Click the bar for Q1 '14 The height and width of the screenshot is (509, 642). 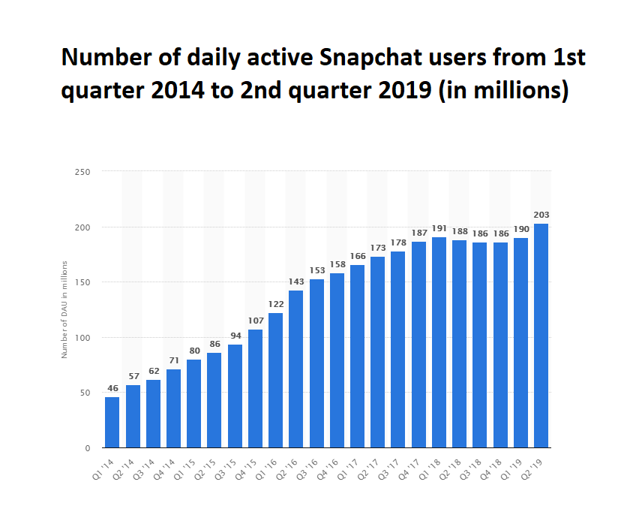[112, 422]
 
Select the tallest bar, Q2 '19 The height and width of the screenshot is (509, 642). [541, 336]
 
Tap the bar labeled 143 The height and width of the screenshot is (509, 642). [296, 369]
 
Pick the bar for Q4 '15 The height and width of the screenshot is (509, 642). [255, 388]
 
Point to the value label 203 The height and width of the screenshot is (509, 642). [541, 215]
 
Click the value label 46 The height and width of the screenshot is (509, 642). [112, 388]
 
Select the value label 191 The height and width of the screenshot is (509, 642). [439, 228]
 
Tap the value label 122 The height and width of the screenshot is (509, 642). [275, 304]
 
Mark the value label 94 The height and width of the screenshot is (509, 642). [235, 336]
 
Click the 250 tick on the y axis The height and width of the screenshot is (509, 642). [83, 172]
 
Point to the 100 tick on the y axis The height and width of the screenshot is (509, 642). [83, 338]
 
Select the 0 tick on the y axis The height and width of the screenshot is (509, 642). [87, 448]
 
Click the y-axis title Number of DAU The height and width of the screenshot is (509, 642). [65, 309]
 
